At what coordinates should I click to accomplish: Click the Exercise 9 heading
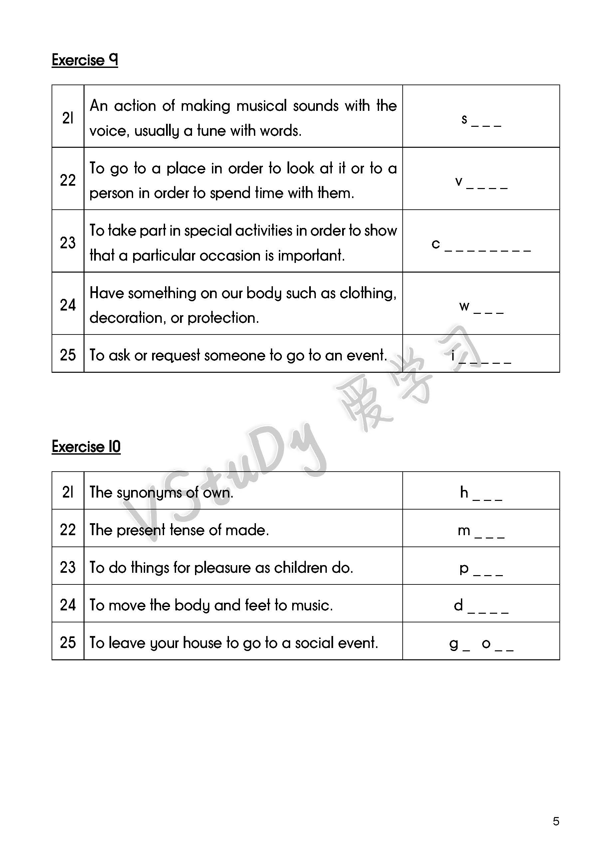pyautogui.click(x=85, y=60)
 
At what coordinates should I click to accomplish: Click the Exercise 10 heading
pyautogui.click(x=86, y=447)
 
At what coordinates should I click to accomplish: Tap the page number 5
pyautogui.click(x=556, y=821)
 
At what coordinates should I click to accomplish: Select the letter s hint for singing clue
pyautogui.click(x=464, y=119)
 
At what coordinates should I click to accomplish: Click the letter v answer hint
pyautogui.click(x=459, y=181)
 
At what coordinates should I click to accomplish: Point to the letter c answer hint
pyautogui.click(x=436, y=244)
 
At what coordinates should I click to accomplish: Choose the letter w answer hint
pyautogui.click(x=464, y=306)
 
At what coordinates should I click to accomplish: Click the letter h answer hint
pyautogui.click(x=464, y=492)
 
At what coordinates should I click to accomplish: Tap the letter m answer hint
pyautogui.click(x=464, y=530)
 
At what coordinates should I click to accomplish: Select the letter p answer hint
pyautogui.click(x=464, y=568)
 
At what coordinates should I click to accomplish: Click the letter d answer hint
pyautogui.click(x=458, y=605)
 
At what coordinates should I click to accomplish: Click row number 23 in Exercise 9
pyautogui.click(x=68, y=243)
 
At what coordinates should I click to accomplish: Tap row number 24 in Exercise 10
pyautogui.click(x=68, y=605)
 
